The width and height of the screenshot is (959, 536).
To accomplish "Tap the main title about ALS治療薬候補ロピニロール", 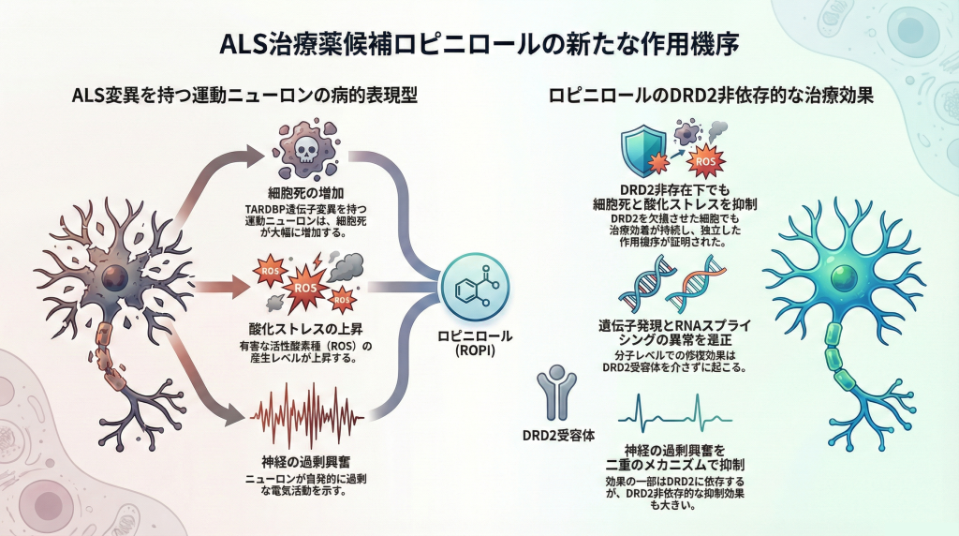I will tap(479, 45).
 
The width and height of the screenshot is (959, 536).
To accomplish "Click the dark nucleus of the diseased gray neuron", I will tap(115, 276).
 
